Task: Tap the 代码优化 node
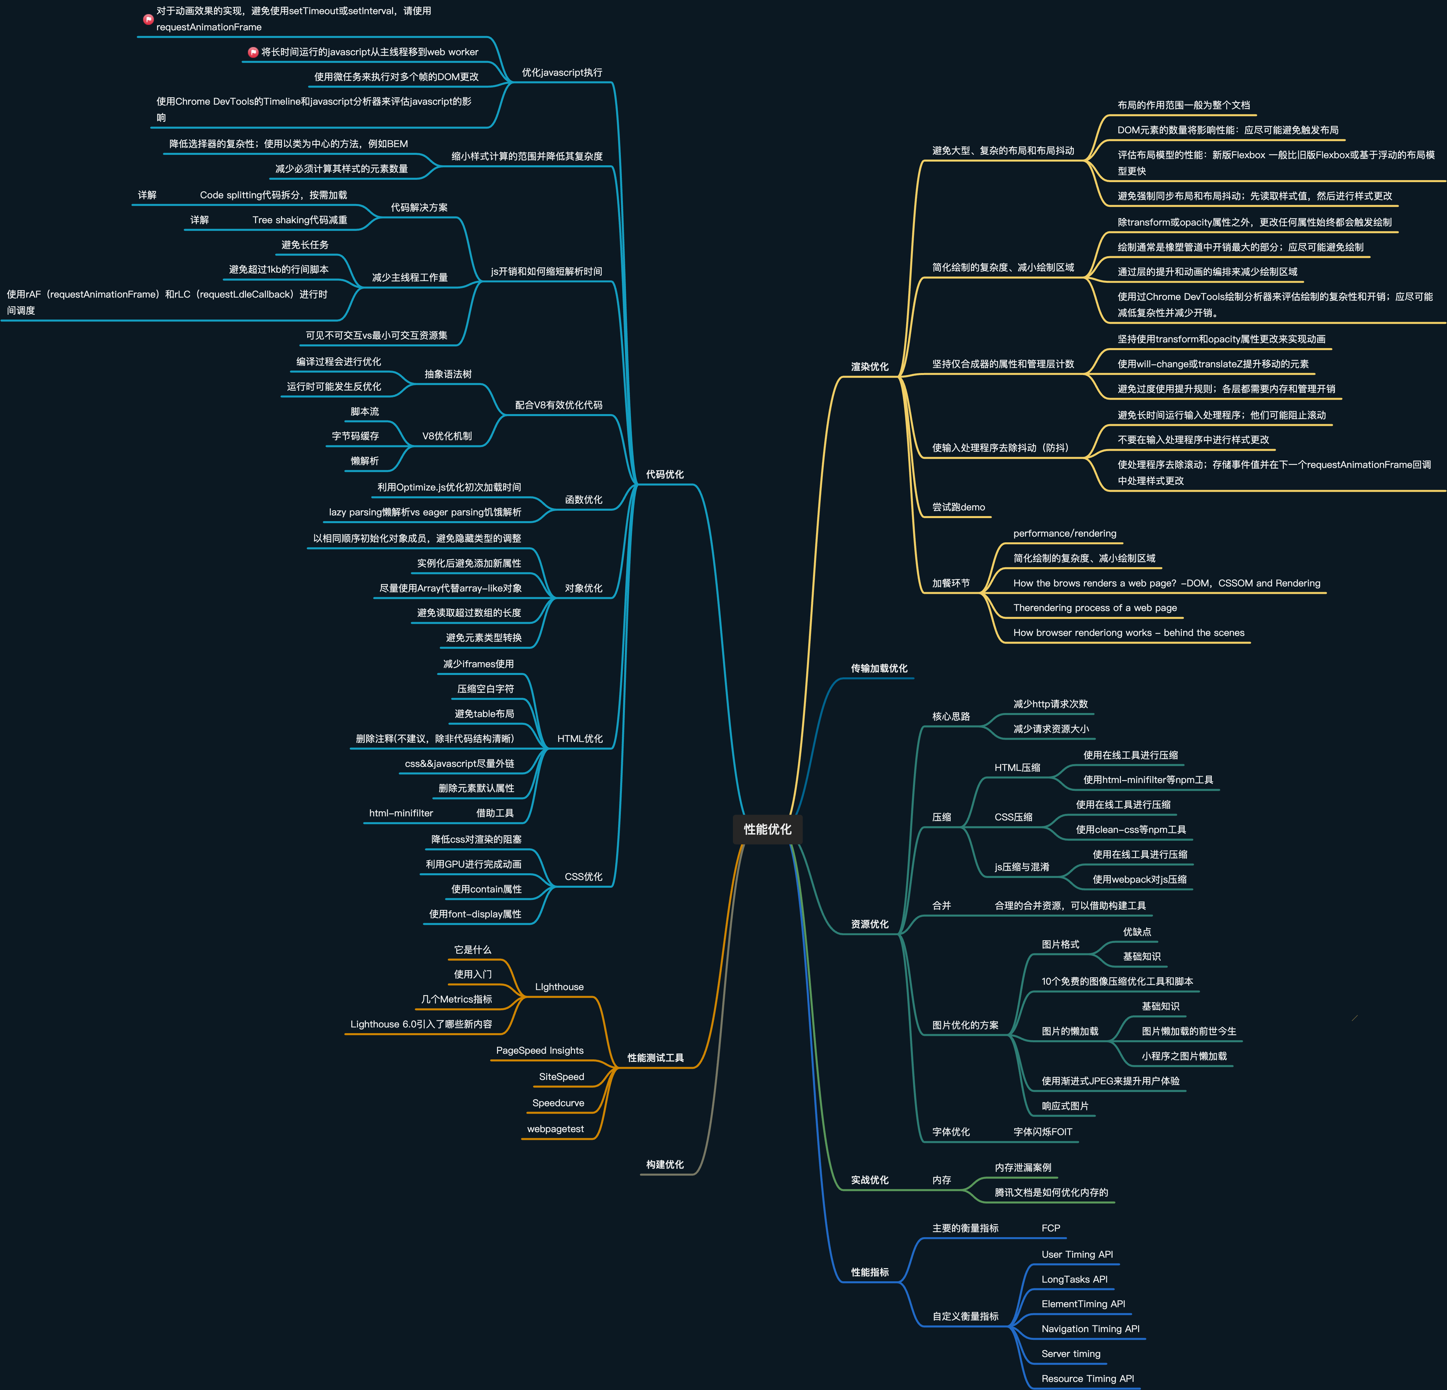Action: tap(664, 474)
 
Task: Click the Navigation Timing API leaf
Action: tap(1090, 1329)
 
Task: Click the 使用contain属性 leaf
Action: tap(486, 889)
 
